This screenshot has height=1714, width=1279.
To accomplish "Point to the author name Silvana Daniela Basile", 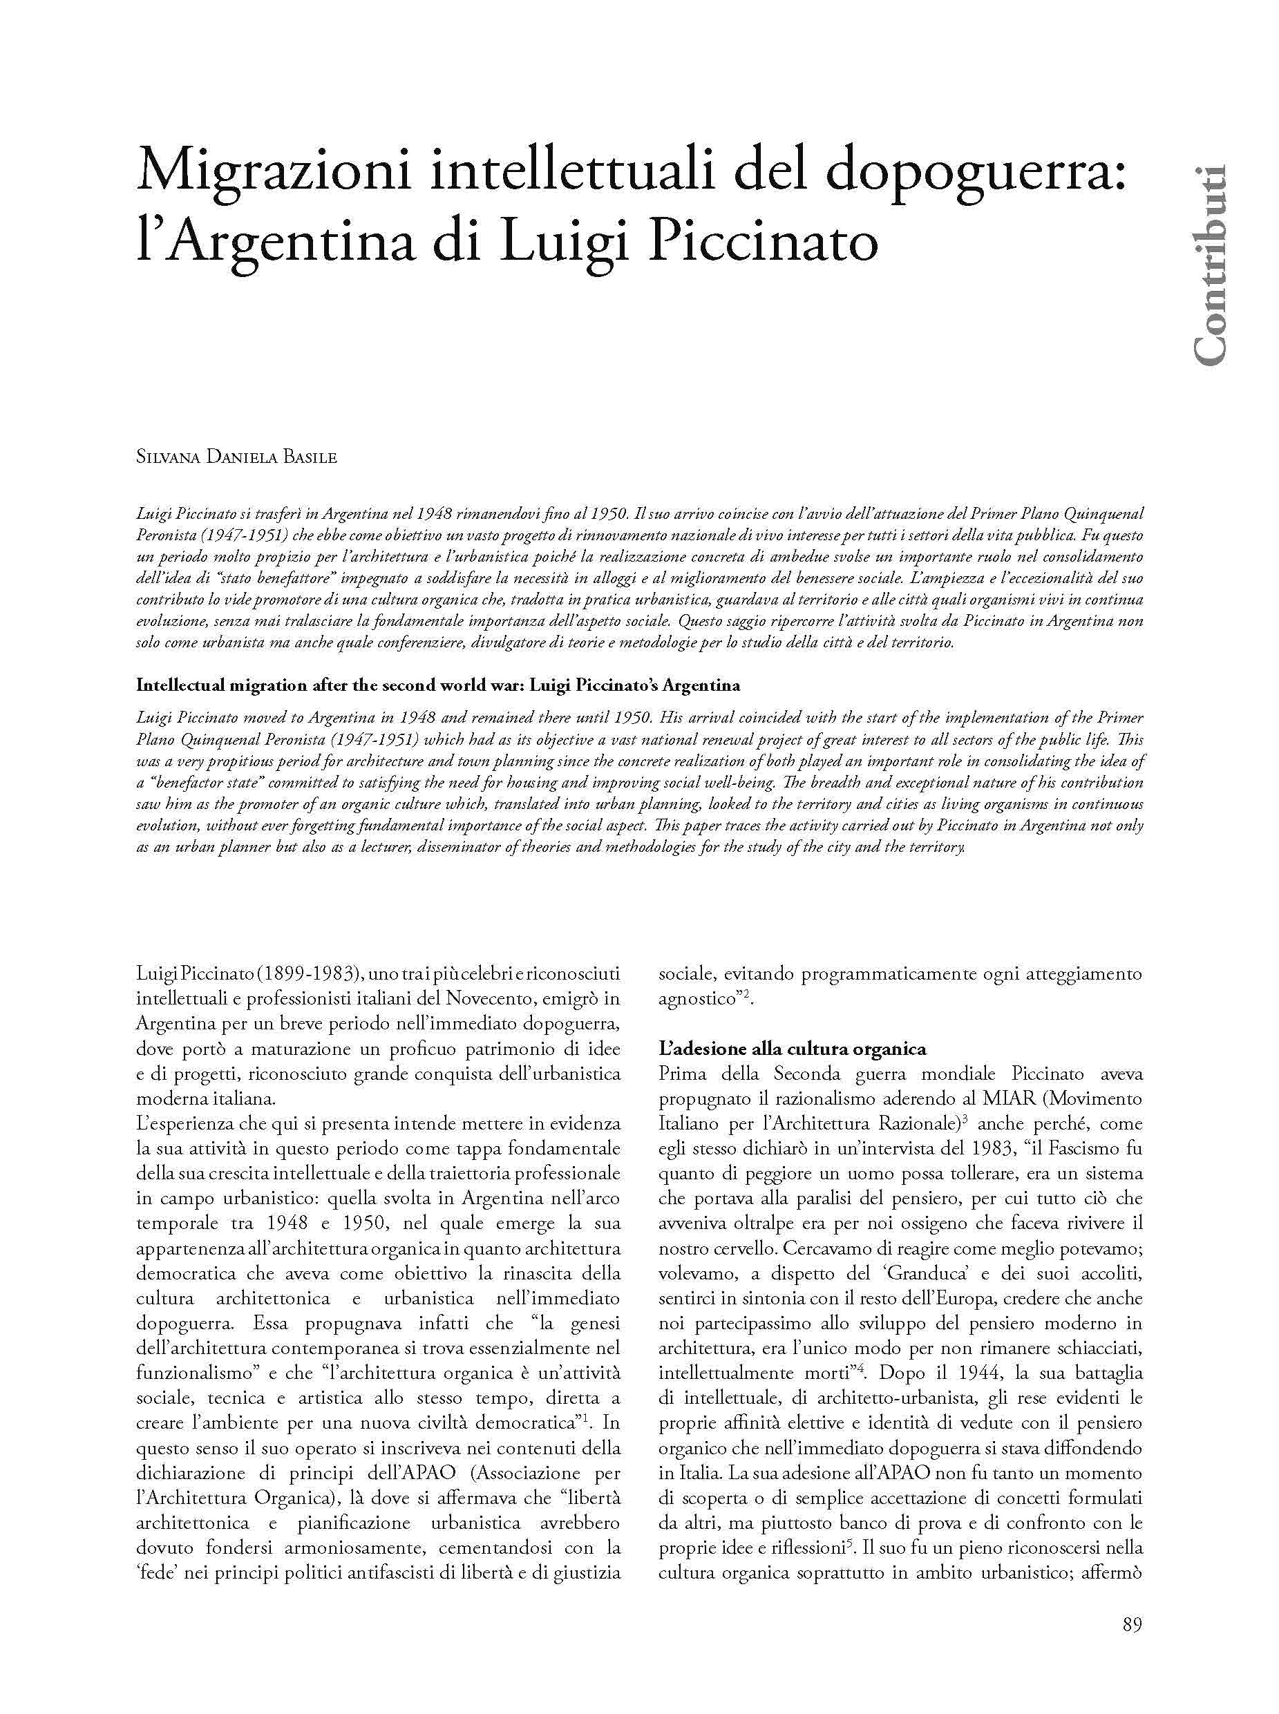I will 237,457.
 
